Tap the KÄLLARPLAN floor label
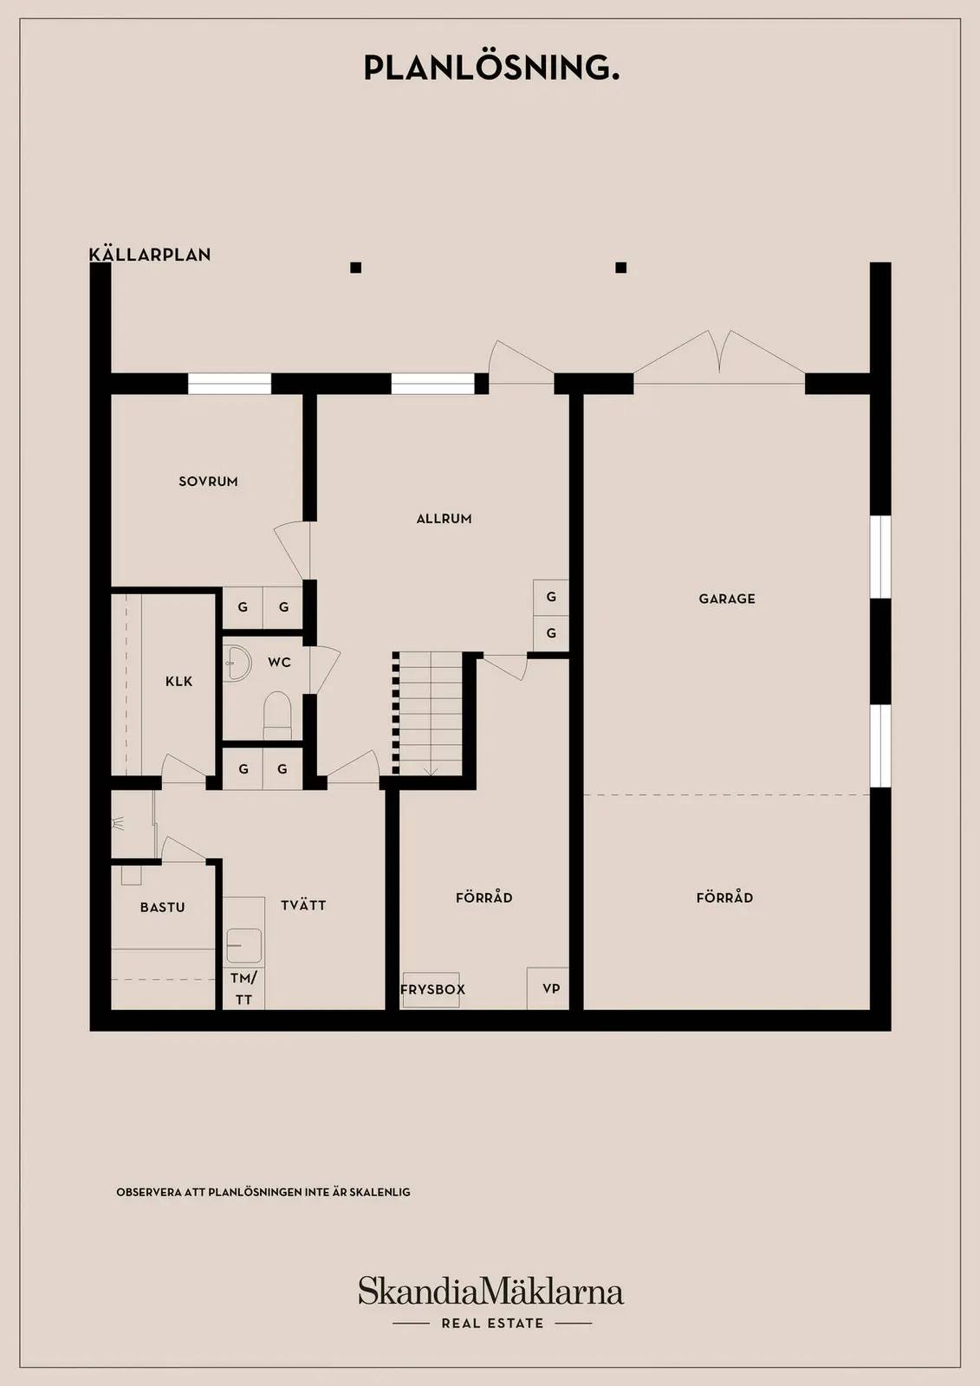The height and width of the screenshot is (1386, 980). pos(150,254)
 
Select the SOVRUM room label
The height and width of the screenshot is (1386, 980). pos(208,482)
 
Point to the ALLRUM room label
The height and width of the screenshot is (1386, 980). pos(444,519)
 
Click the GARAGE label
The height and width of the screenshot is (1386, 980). pos(727,599)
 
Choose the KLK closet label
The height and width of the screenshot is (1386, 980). pos(178,681)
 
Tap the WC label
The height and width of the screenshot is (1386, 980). pos(279,662)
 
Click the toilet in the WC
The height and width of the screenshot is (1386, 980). pos(277,715)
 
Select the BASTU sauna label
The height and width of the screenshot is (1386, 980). pos(162,907)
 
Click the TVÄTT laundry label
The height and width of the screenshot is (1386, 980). pos(303,905)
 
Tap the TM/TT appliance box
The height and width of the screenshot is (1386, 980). pos(243,988)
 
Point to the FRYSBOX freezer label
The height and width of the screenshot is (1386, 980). pos(432,989)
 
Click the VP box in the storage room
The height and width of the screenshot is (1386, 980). pos(548,988)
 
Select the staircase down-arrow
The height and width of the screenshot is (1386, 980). pos(432,771)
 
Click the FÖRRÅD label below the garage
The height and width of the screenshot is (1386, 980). pos(724,897)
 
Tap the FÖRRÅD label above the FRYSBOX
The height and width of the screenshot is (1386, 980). pos(484,897)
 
